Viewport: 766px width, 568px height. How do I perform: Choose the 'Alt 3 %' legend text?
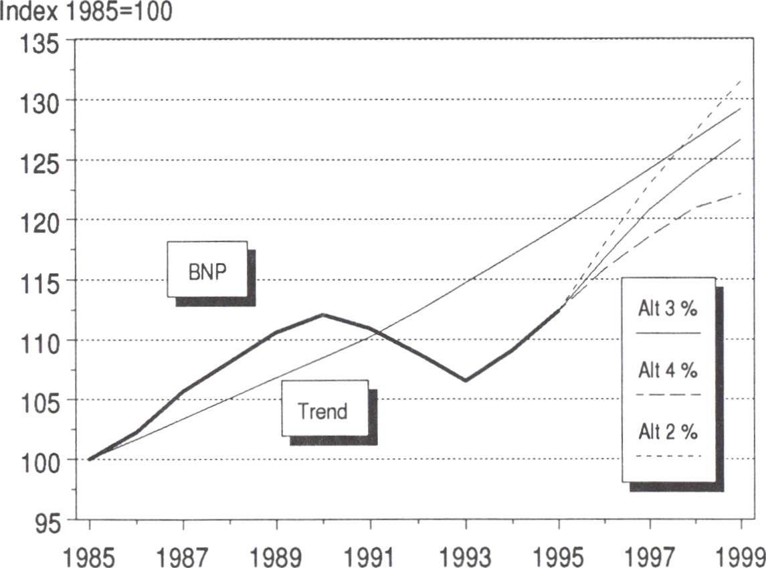(668, 309)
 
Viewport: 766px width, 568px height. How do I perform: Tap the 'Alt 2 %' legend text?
(668, 432)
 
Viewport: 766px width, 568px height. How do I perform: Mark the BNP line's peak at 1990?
(322, 314)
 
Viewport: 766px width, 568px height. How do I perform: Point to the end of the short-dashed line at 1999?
(741, 80)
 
